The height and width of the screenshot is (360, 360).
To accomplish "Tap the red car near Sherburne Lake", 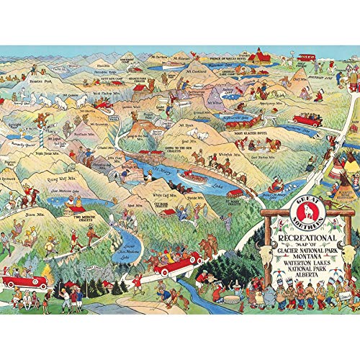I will click(x=306, y=120).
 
